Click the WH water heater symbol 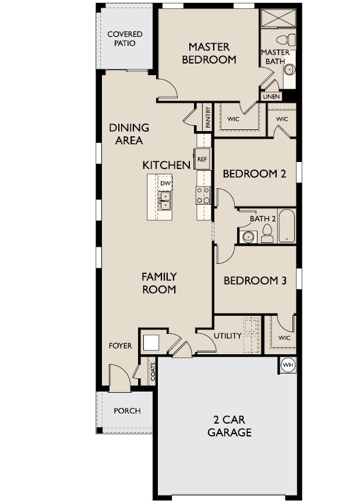(x=287, y=365)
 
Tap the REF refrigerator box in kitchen (x=202, y=158)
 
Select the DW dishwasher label (x=166, y=184)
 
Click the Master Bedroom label (x=209, y=53)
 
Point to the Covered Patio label (x=125, y=39)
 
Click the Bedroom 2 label (x=255, y=173)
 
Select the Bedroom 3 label (x=255, y=280)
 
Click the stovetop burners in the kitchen (x=203, y=195)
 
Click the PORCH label (x=127, y=411)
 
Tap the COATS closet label (x=153, y=372)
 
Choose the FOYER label (x=121, y=346)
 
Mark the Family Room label (x=159, y=283)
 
